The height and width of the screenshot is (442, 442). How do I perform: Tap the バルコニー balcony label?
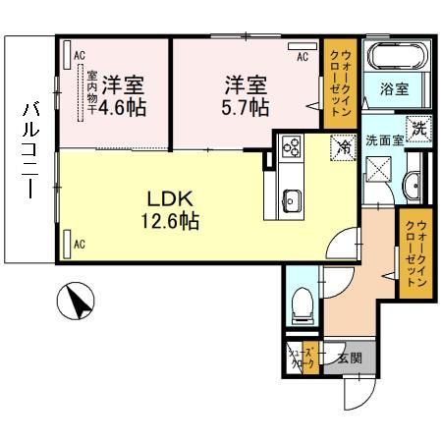coord(28,152)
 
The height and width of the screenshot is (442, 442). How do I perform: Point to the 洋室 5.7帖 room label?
coord(246,94)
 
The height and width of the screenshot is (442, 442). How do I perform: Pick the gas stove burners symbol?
coord(292,149)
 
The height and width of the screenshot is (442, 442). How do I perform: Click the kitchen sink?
coord(292,202)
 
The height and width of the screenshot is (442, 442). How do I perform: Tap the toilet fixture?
coord(303,304)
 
